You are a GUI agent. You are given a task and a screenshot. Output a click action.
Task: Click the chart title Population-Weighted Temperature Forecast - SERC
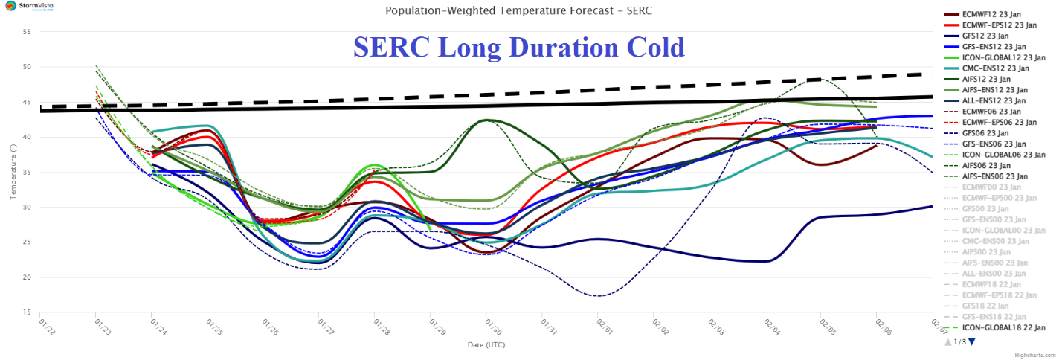point(518,11)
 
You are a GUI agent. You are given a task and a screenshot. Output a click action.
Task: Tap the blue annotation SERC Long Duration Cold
point(518,48)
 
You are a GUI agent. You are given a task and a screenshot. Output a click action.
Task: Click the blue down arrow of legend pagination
point(971,342)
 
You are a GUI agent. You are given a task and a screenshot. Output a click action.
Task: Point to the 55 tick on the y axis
point(27,32)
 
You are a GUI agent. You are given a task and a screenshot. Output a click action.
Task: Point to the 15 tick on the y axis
point(27,312)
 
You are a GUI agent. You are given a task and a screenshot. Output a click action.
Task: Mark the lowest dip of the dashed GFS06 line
point(598,296)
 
